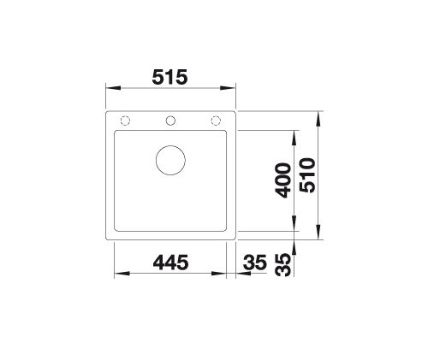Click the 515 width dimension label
pos(169,77)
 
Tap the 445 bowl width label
pos(170,263)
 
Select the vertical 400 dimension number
pos(283,180)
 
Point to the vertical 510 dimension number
pos(307,175)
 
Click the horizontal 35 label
pos(255,263)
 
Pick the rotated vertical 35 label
pos(283,265)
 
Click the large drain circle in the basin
pos(170,160)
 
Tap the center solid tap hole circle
pos(170,121)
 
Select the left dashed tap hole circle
pos(125,121)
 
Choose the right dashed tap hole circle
pos(216,121)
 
